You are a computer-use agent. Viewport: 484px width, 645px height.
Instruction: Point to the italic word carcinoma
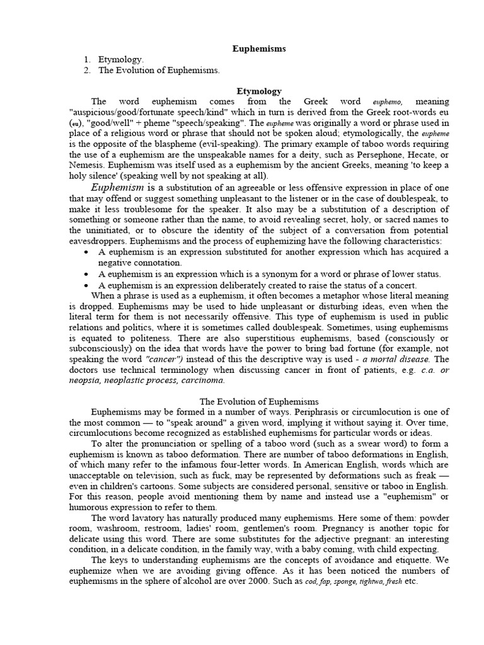[x=201, y=380]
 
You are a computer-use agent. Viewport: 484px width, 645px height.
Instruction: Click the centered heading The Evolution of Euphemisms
[x=259, y=401]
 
